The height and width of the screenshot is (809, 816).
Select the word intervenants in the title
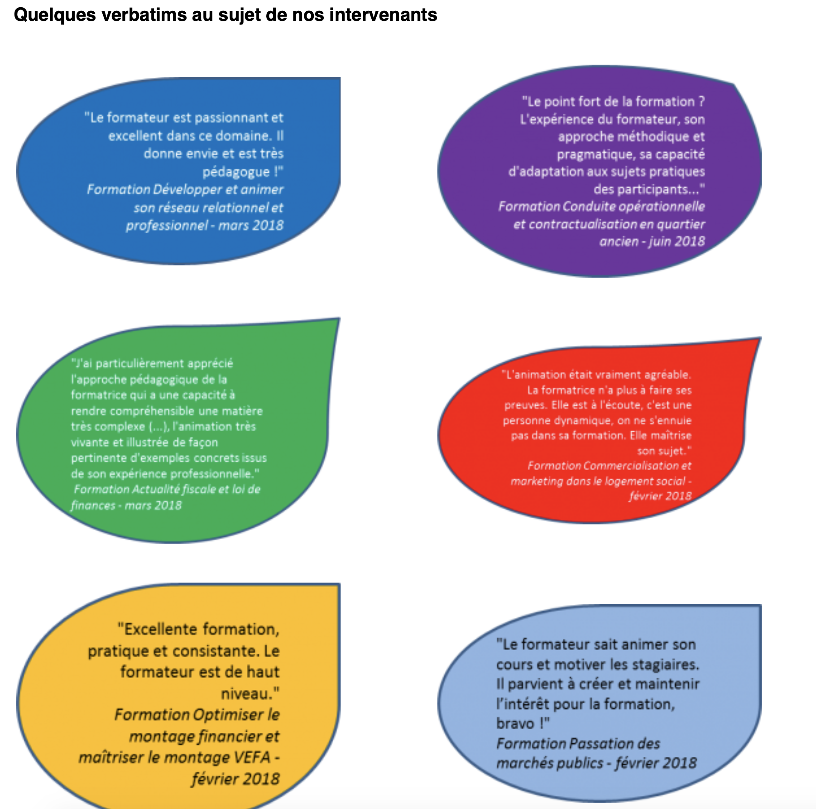[x=383, y=15]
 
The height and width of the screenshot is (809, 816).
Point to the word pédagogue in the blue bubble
[x=236, y=172]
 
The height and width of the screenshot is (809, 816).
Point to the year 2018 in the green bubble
[x=168, y=506]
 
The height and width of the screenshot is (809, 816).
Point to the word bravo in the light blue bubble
[x=515, y=723]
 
